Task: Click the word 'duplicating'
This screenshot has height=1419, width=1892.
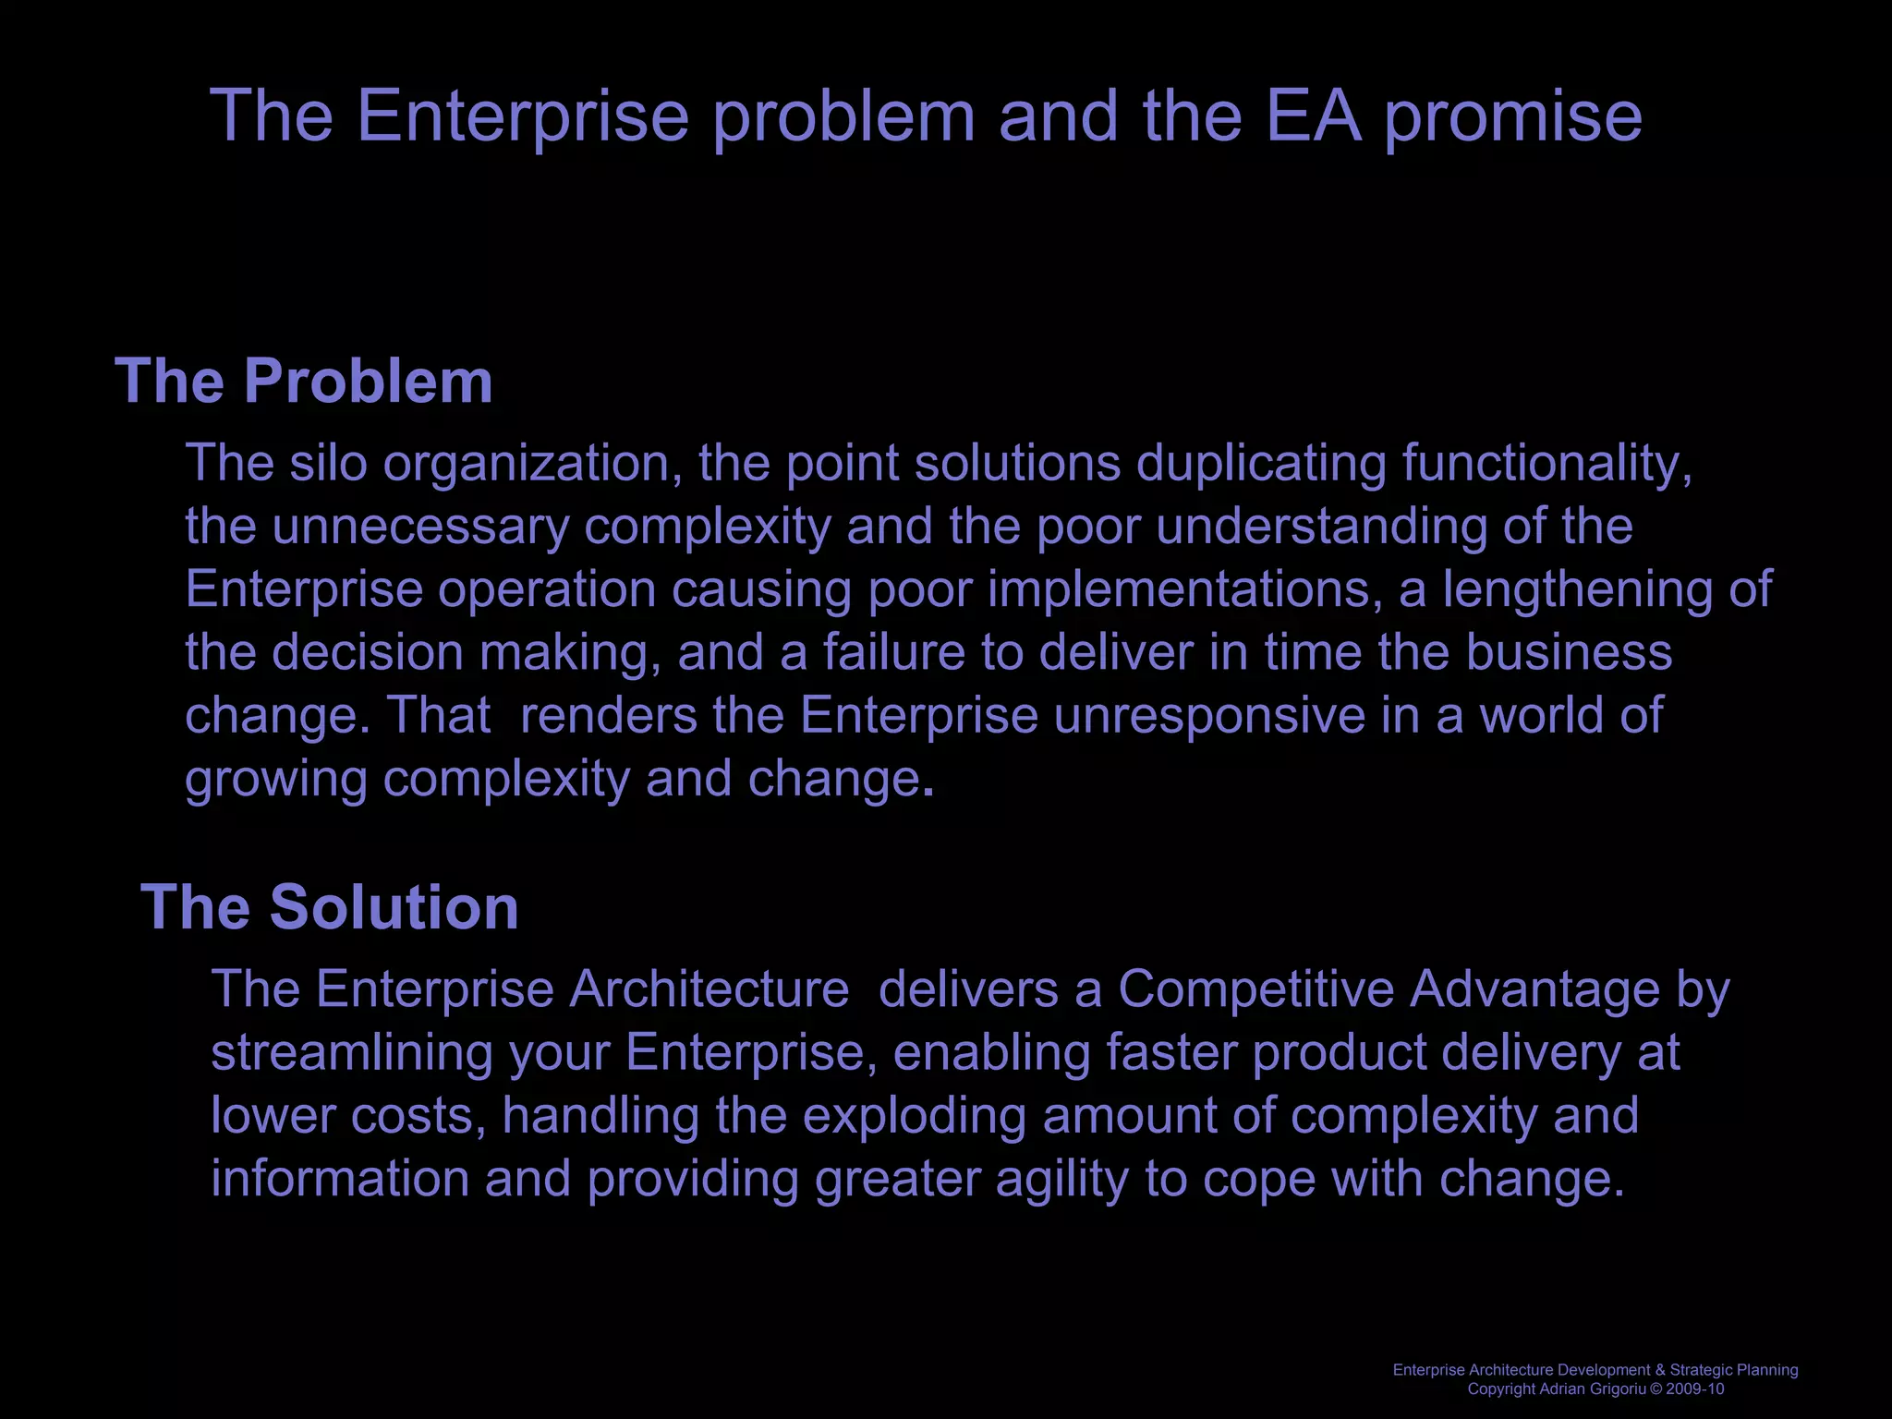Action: [1261, 464]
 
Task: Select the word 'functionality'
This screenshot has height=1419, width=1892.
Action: [1547, 464]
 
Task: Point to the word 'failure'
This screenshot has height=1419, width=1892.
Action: [894, 652]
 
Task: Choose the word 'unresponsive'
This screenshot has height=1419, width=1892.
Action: [1209, 716]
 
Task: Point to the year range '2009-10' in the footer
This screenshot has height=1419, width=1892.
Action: [1695, 1389]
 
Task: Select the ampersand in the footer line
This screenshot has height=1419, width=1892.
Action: [1661, 1370]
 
